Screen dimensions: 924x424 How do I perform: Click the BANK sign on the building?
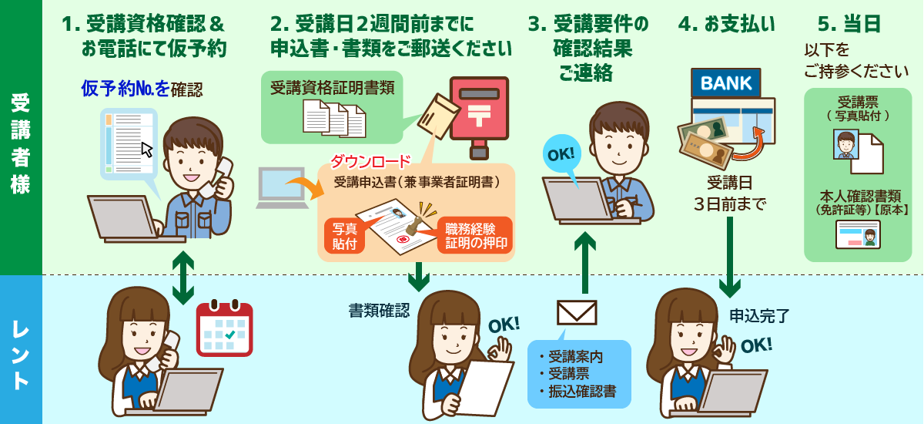pyautogui.click(x=725, y=83)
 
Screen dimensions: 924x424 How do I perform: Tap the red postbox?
pyautogui.click(x=479, y=118)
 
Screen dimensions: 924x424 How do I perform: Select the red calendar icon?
pyautogui.click(x=224, y=328)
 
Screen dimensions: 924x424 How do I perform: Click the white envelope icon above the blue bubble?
pyautogui.click(x=577, y=312)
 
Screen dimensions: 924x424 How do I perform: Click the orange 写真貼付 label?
pyautogui.click(x=344, y=235)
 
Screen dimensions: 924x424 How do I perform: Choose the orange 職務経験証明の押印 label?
pyautogui.click(x=475, y=235)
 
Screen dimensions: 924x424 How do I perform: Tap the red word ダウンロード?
pyautogui.click(x=370, y=161)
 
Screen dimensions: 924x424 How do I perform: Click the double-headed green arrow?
pyautogui.click(x=183, y=278)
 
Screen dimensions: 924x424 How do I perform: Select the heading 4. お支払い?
pyautogui.click(x=726, y=24)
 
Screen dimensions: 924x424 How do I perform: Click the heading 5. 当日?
pyautogui.click(x=849, y=24)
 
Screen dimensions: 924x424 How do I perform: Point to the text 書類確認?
pyautogui.click(x=379, y=311)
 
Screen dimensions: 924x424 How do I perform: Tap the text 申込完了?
pyautogui.click(x=759, y=316)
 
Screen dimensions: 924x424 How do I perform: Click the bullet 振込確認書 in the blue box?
pyautogui.click(x=578, y=391)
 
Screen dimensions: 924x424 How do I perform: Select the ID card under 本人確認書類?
pyautogui.click(x=858, y=234)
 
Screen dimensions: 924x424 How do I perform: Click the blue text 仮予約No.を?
pyautogui.click(x=126, y=89)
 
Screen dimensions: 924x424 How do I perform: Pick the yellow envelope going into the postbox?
pyautogui.click(x=438, y=116)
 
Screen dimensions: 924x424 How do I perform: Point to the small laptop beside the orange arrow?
pyautogui.click(x=282, y=188)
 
